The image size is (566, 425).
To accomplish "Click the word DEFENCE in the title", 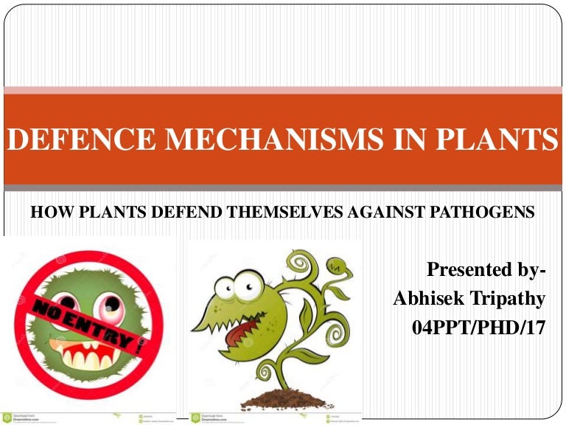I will click(66, 139).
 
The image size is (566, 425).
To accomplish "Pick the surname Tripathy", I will click(510, 299).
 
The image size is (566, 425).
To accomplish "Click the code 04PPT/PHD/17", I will click(479, 327).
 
